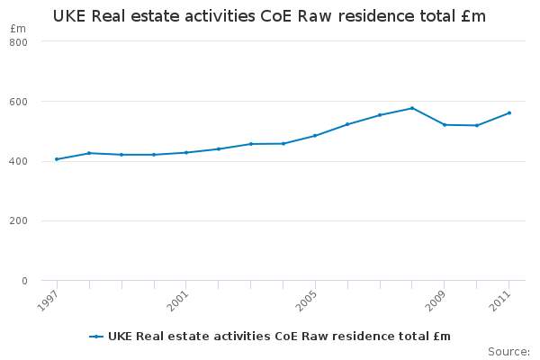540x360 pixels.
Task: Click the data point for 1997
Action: [57, 159]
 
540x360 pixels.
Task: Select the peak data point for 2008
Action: [412, 108]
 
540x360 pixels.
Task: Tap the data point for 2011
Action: [509, 113]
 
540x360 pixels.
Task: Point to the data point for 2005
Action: [315, 136]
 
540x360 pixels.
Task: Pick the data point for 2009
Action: [445, 125]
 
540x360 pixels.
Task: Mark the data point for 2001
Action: [186, 152]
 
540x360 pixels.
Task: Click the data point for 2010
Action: [477, 125]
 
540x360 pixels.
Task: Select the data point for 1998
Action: [89, 153]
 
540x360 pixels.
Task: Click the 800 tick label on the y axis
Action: [18, 42]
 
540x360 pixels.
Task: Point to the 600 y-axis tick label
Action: [18, 102]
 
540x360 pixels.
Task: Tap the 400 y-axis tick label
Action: [18, 161]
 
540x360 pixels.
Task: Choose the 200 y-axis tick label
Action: [18, 220]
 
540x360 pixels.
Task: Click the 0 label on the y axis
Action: [24, 281]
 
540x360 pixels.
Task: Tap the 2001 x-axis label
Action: [177, 301]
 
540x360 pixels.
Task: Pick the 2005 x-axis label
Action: [307, 301]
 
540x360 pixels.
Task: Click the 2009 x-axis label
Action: [436, 301]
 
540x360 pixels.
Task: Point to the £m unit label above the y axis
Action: [18, 29]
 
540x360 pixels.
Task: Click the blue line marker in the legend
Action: [96, 337]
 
